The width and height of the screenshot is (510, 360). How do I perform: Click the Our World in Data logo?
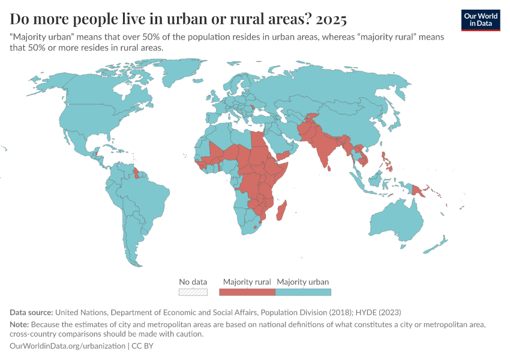point(481,20)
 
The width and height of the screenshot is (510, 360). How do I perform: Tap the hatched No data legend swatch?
point(193,292)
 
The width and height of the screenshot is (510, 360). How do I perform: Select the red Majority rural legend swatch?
point(247,292)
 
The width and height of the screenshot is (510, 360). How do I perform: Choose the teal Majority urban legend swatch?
point(303,292)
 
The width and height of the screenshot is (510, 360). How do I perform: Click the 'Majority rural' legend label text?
point(247,281)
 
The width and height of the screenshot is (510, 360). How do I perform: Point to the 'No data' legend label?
point(193,281)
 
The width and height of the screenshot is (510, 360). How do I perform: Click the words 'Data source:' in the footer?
point(31,313)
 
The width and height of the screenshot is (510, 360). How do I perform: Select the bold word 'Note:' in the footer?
point(20,324)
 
